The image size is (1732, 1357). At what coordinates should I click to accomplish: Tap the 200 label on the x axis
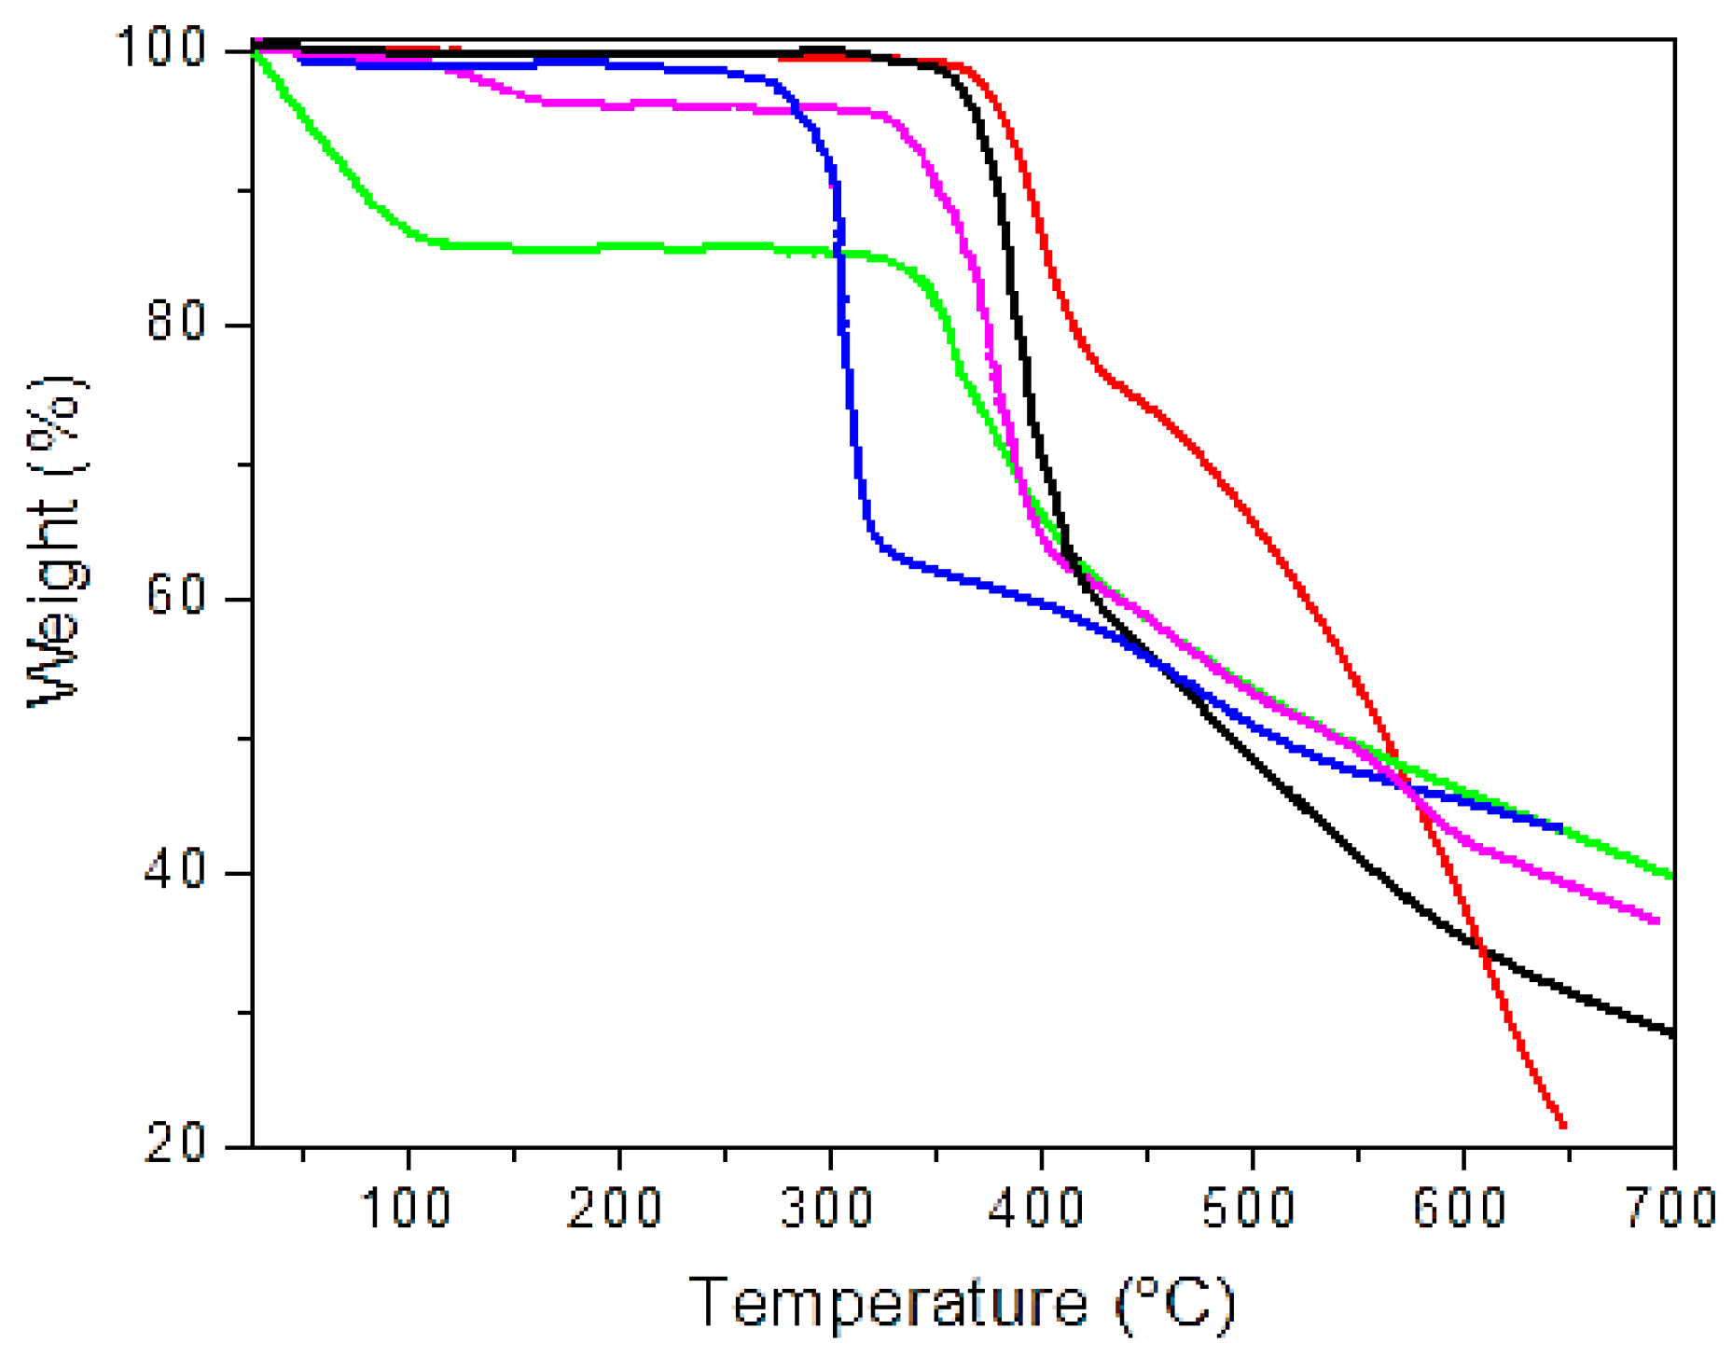(x=617, y=1208)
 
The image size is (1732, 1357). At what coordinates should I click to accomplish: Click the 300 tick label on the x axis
(x=828, y=1208)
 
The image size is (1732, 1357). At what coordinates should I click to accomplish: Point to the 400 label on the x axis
(x=1039, y=1208)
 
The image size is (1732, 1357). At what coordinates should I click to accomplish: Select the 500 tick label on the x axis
(x=1250, y=1208)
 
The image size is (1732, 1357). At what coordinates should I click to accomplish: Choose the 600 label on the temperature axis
(x=1461, y=1208)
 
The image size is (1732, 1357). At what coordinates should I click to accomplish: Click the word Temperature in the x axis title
(x=888, y=1303)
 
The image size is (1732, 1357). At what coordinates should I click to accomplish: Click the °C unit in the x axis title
(x=1177, y=1303)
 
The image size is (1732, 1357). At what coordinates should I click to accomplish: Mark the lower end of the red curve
(x=1563, y=1126)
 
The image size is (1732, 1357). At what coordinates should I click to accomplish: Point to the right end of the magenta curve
(x=1656, y=921)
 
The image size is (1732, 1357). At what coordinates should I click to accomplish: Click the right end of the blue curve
(x=1559, y=827)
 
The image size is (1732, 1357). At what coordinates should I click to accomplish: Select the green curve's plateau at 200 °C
(x=617, y=247)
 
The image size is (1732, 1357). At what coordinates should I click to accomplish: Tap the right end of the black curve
(x=1673, y=1032)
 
